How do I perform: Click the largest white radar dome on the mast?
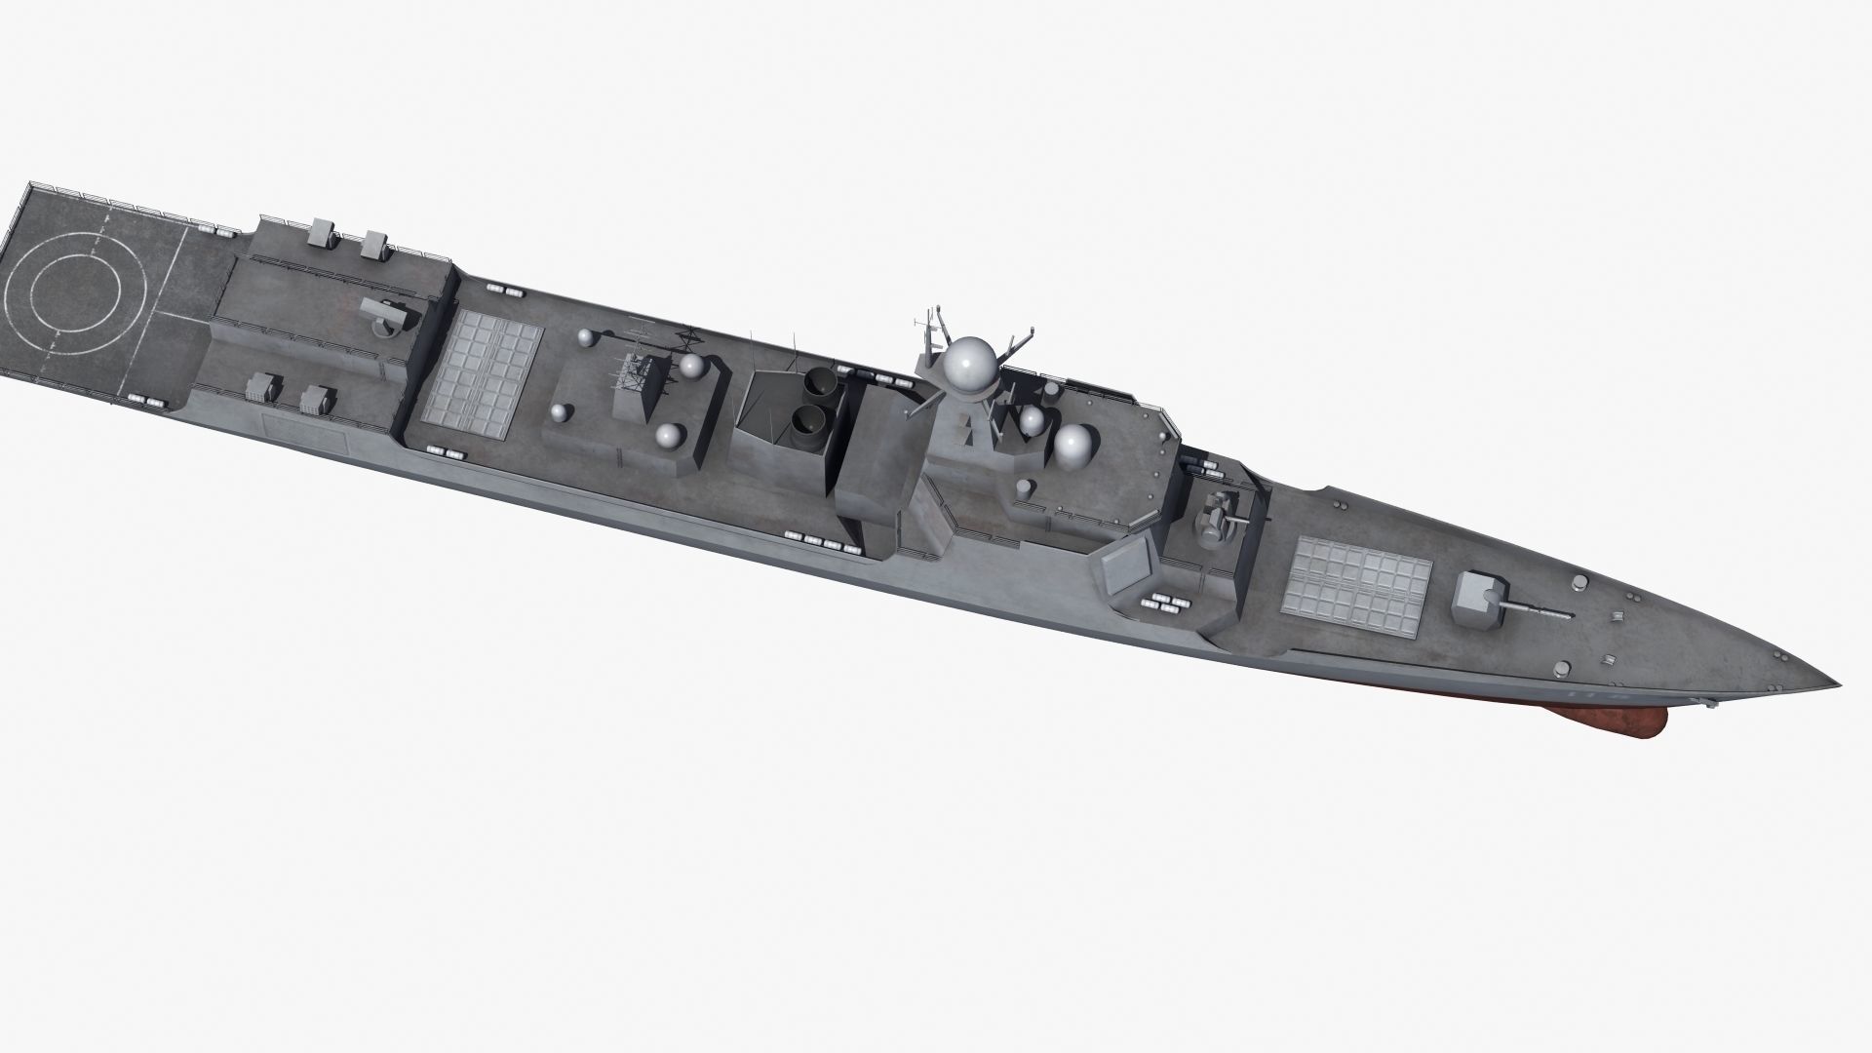(x=970, y=366)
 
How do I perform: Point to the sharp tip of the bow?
(x=1838, y=680)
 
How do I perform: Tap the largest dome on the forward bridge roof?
(x=1073, y=446)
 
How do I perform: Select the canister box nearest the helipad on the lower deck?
(x=259, y=389)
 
